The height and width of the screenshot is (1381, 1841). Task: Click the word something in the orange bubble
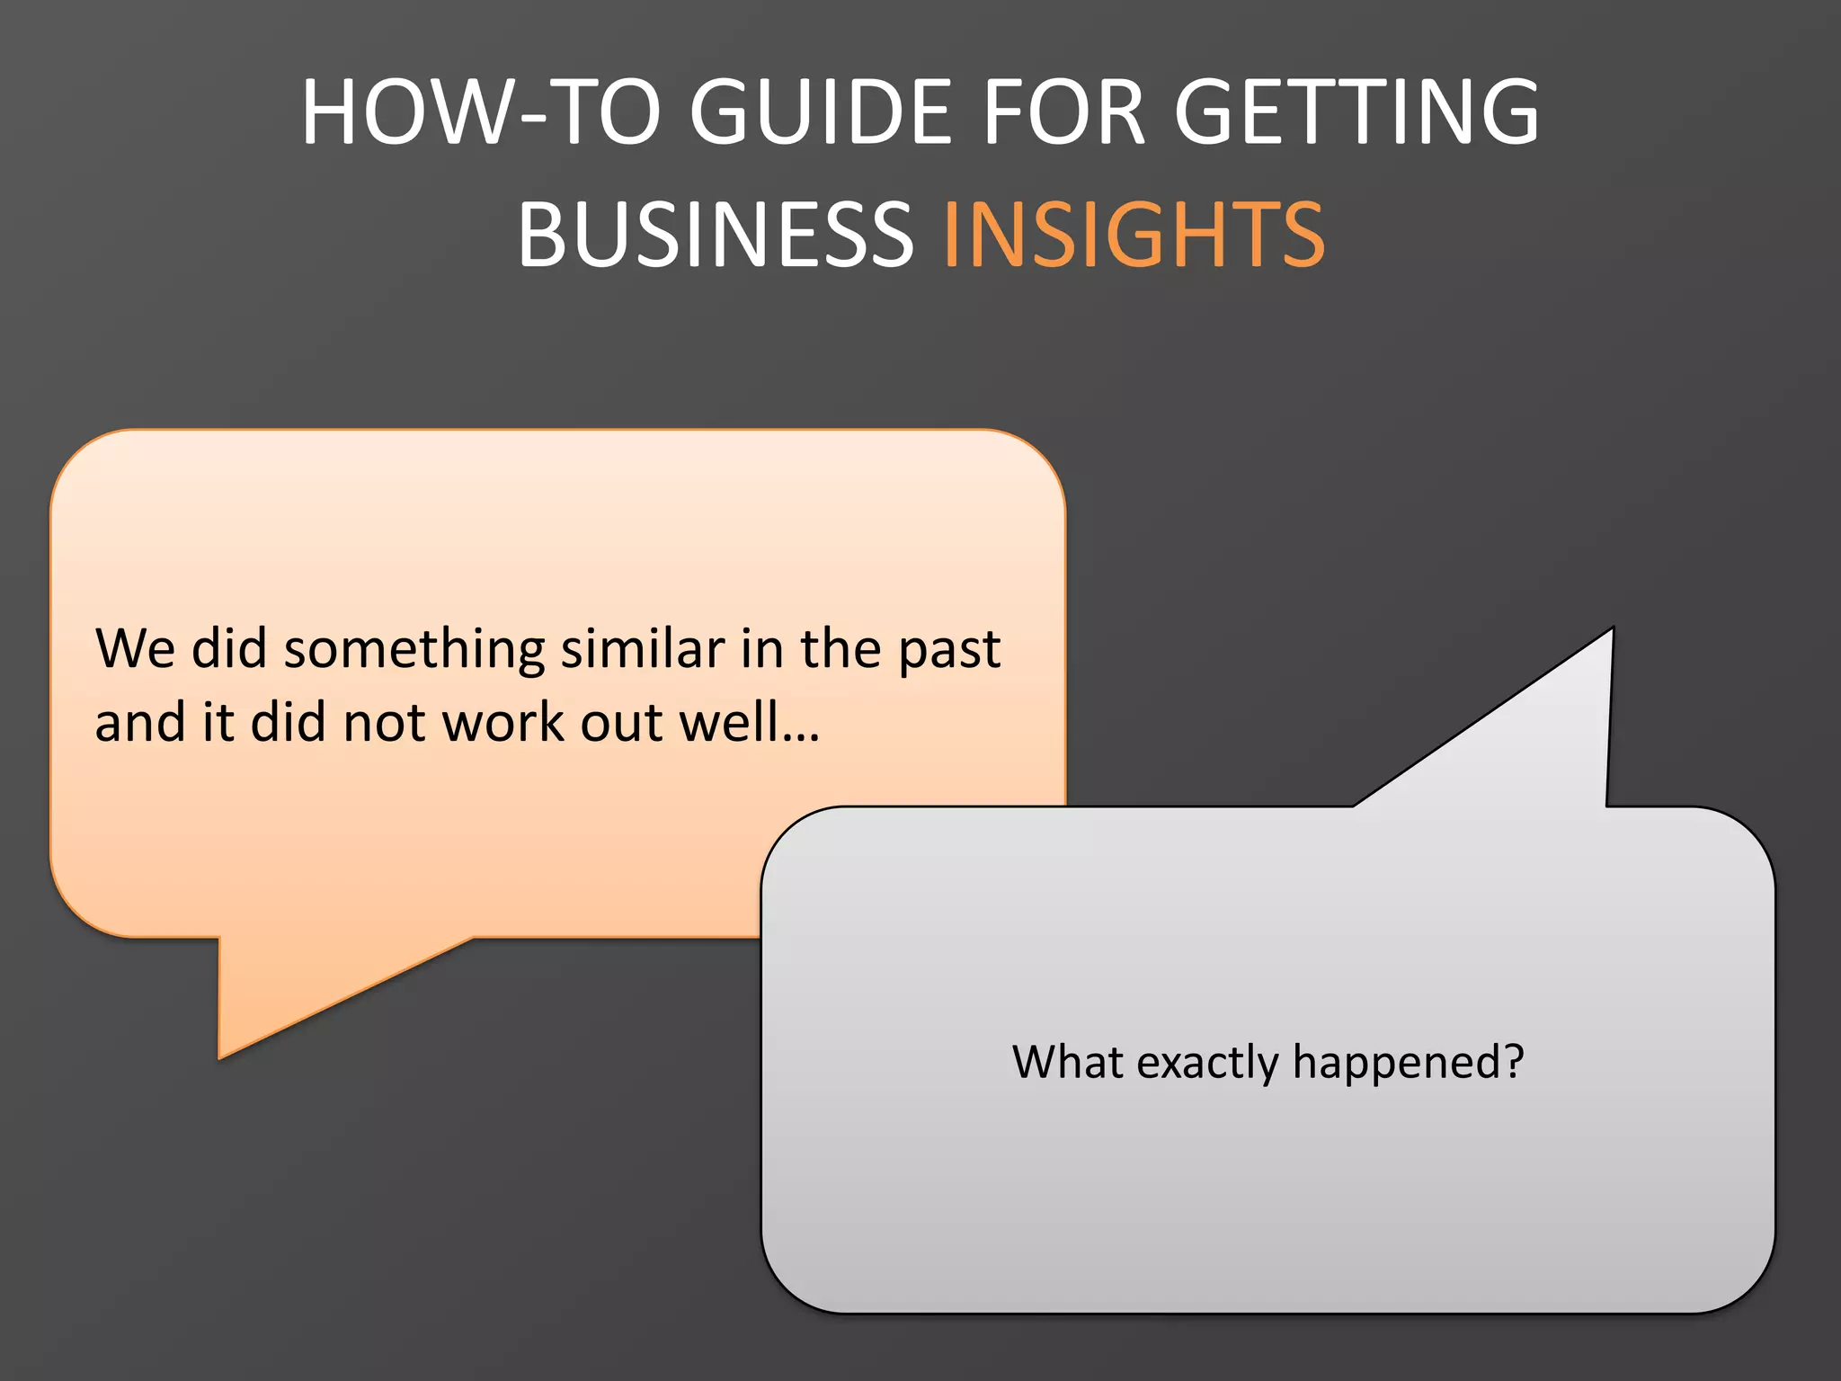414,649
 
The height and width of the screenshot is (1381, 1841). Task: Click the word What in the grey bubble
1067,1062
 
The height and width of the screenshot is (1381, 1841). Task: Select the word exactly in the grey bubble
1207,1064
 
